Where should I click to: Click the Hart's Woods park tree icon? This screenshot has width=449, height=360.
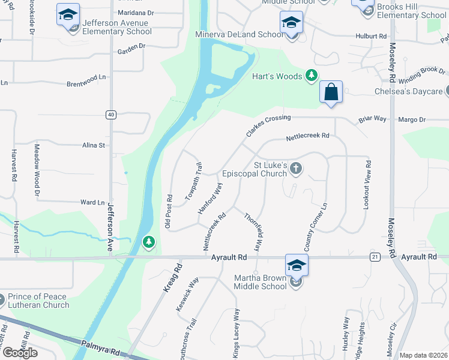pos(311,76)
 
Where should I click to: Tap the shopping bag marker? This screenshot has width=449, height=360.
pos(331,92)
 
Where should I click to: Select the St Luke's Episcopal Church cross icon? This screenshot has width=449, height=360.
pos(295,169)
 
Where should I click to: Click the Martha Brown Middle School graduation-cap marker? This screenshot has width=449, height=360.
pos(297,265)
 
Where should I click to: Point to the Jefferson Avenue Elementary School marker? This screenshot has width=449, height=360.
pos(68,15)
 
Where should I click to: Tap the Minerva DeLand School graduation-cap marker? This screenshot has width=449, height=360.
pos(291,23)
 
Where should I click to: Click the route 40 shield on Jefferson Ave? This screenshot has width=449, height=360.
pos(110,115)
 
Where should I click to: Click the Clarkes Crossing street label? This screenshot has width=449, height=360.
pos(268,125)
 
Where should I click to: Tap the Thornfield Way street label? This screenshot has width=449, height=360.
pos(254,232)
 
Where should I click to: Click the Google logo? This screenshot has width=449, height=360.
pos(20,352)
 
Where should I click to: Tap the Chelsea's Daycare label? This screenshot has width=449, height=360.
pos(408,92)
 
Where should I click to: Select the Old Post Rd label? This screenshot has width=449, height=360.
pos(169,211)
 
